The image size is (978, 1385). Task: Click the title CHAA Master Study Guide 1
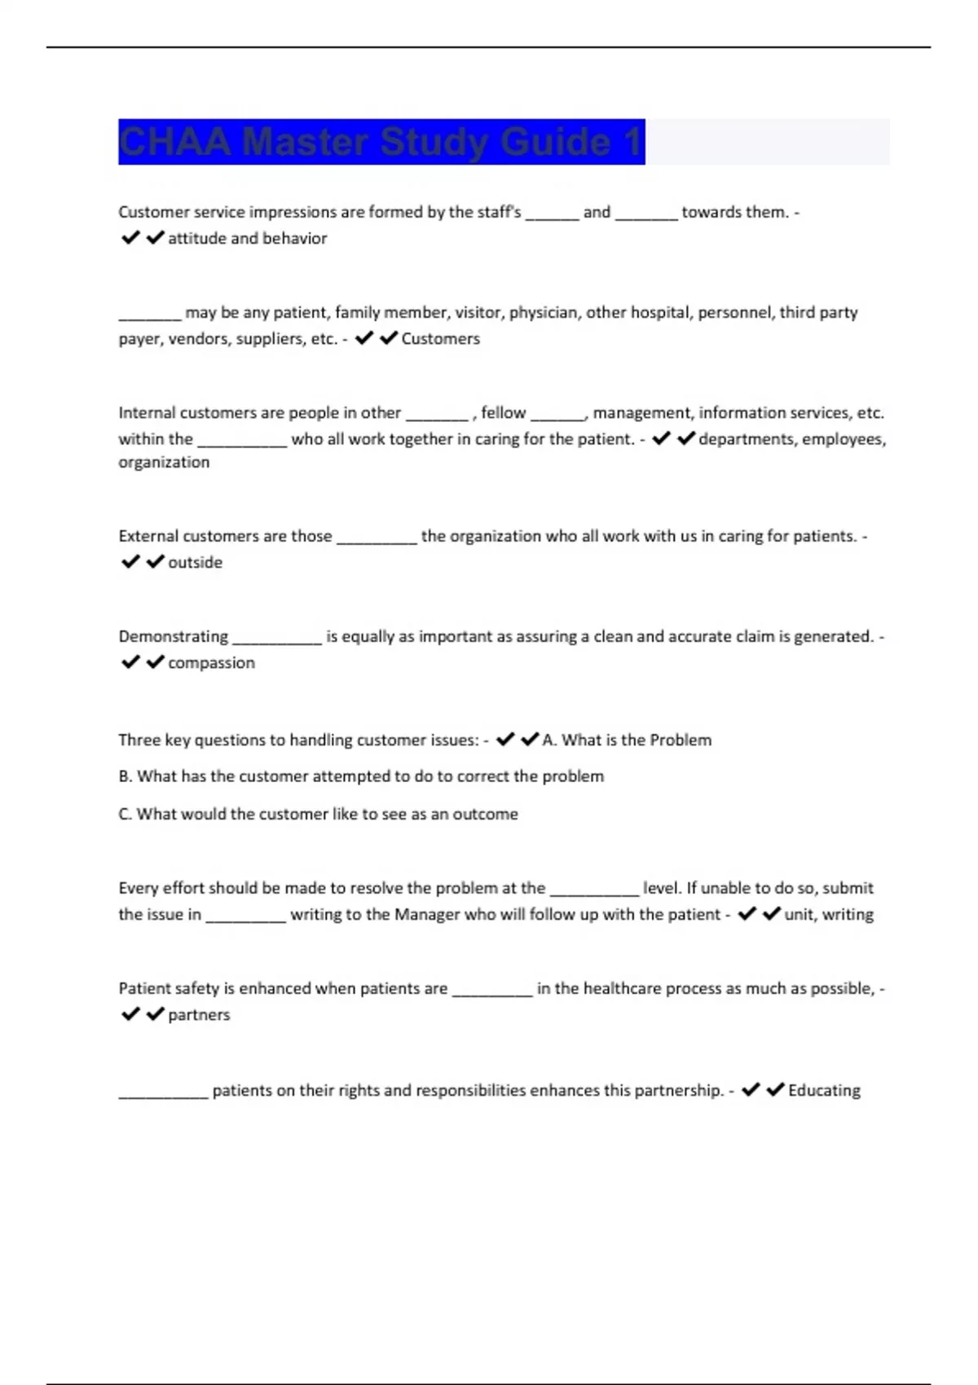[381, 142]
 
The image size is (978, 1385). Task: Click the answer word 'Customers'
[440, 339]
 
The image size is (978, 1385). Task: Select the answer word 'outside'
[195, 562]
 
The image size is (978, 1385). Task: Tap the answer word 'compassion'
[211, 663]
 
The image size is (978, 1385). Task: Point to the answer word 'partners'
[199, 1015]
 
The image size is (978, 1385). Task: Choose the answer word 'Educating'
[824, 1090]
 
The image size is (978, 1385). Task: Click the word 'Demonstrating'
[173, 636]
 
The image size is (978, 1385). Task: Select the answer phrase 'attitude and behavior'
[247, 239]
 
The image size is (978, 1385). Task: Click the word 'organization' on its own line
[164, 463]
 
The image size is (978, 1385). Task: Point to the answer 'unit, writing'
[828, 915]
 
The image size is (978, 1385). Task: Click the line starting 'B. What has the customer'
[361, 776]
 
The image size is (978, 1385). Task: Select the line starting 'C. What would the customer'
[318, 814]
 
